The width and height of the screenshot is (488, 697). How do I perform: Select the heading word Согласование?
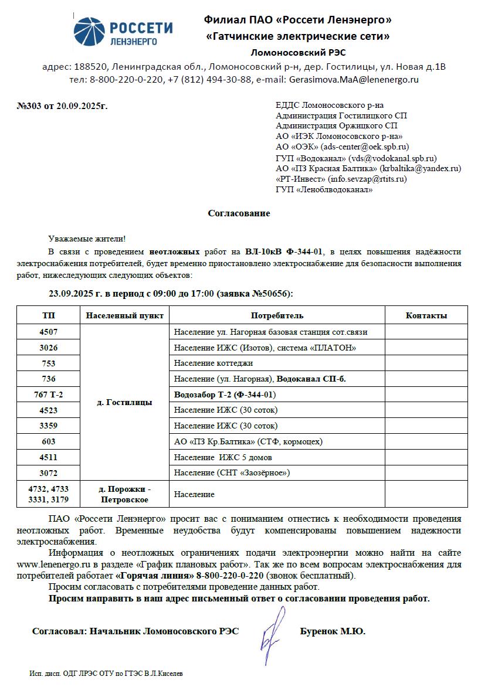pyautogui.click(x=239, y=213)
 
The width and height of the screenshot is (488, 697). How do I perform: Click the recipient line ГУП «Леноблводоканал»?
pyautogui.click(x=324, y=189)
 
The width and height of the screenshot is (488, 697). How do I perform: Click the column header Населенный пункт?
pyautogui.click(x=124, y=315)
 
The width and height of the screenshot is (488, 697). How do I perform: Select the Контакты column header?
pyautogui.click(x=426, y=315)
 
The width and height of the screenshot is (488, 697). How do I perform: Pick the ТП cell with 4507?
pyautogui.click(x=49, y=332)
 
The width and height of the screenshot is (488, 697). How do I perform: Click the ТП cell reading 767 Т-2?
pyautogui.click(x=49, y=395)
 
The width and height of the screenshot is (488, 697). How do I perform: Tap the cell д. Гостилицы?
pyautogui.click(x=124, y=403)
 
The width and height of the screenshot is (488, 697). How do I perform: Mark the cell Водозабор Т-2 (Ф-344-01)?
pyautogui.click(x=225, y=395)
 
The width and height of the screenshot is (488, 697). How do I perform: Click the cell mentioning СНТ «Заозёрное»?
pyautogui.click(x=232, y=472)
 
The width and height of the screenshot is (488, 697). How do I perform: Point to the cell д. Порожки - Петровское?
pyautogui.click(x=124, y=494)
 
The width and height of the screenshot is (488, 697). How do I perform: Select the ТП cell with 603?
pyautogui.click(x=49, y=441)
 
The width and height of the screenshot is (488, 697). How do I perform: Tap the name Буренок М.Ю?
pyautogui.click(x=332, y=631)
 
